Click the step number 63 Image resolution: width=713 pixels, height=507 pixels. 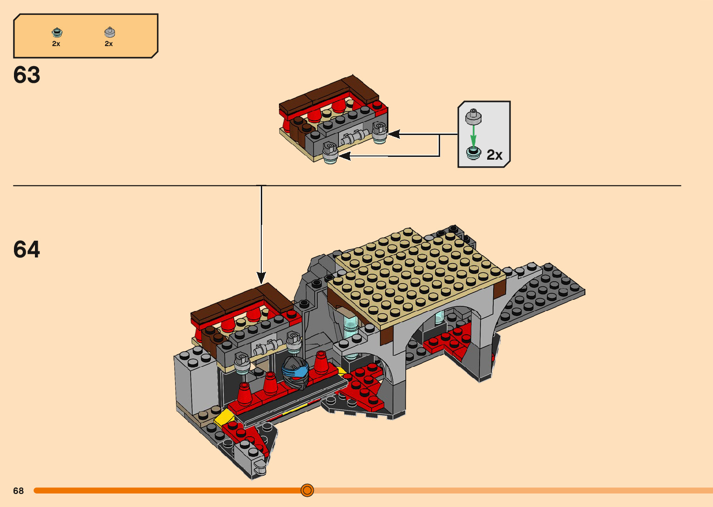point(27,75)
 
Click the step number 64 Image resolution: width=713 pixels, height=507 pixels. point(27,249)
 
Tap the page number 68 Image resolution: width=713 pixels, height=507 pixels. point(19,491)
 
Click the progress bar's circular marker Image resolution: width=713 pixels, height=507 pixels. point(307,490)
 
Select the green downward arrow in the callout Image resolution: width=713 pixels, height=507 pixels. point(473,136)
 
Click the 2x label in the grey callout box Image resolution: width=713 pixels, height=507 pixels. point(494,155)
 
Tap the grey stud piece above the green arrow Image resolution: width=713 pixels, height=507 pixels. point(473,117)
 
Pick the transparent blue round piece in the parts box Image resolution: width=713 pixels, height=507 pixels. point(57,33)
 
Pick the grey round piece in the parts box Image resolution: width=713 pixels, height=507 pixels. point(109,32)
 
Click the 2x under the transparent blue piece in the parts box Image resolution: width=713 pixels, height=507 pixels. point(56,44)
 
